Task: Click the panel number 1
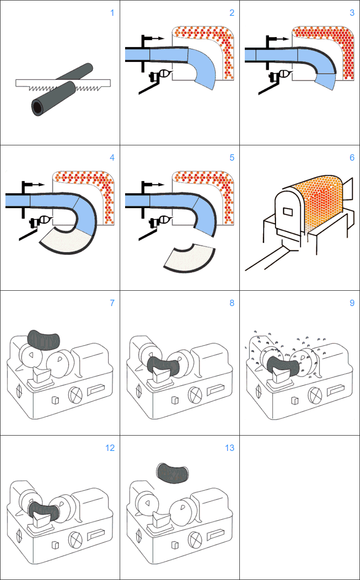[112, 13]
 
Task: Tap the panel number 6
[352, 158]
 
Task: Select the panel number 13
[229, 448]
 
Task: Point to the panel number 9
[352, 303]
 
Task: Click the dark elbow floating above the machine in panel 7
[44, 339]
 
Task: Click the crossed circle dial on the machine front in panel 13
[194, 538]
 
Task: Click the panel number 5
[232, 158]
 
